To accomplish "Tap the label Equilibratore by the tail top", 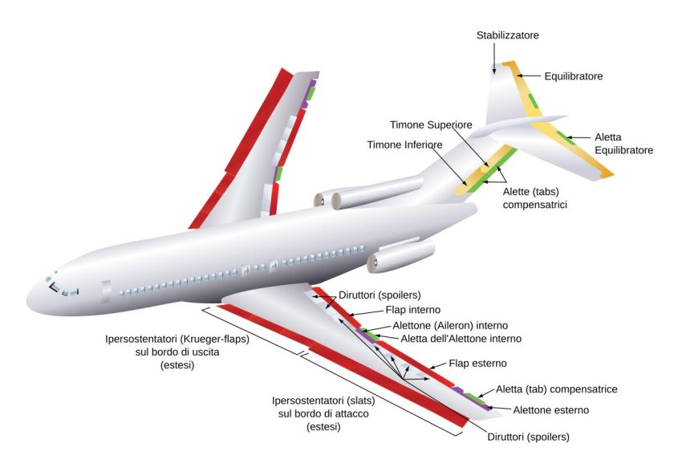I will pyautogui.click(x=573, y=76).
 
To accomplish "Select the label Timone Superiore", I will pyautogui.click(x=431, y=125).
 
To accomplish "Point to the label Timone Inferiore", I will pyautogui.click(x=404, y=144).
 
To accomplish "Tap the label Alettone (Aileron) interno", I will pyautogui.click(x=450, y=326).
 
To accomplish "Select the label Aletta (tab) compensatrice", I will pyautogui.click(x=556, y=389).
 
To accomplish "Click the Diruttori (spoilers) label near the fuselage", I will pyautogui.click(x=380, y=295).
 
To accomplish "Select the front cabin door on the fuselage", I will pyautogui.click(x=106, y=291).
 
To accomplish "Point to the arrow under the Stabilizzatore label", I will pyautogui.click(x=496, y=59).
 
